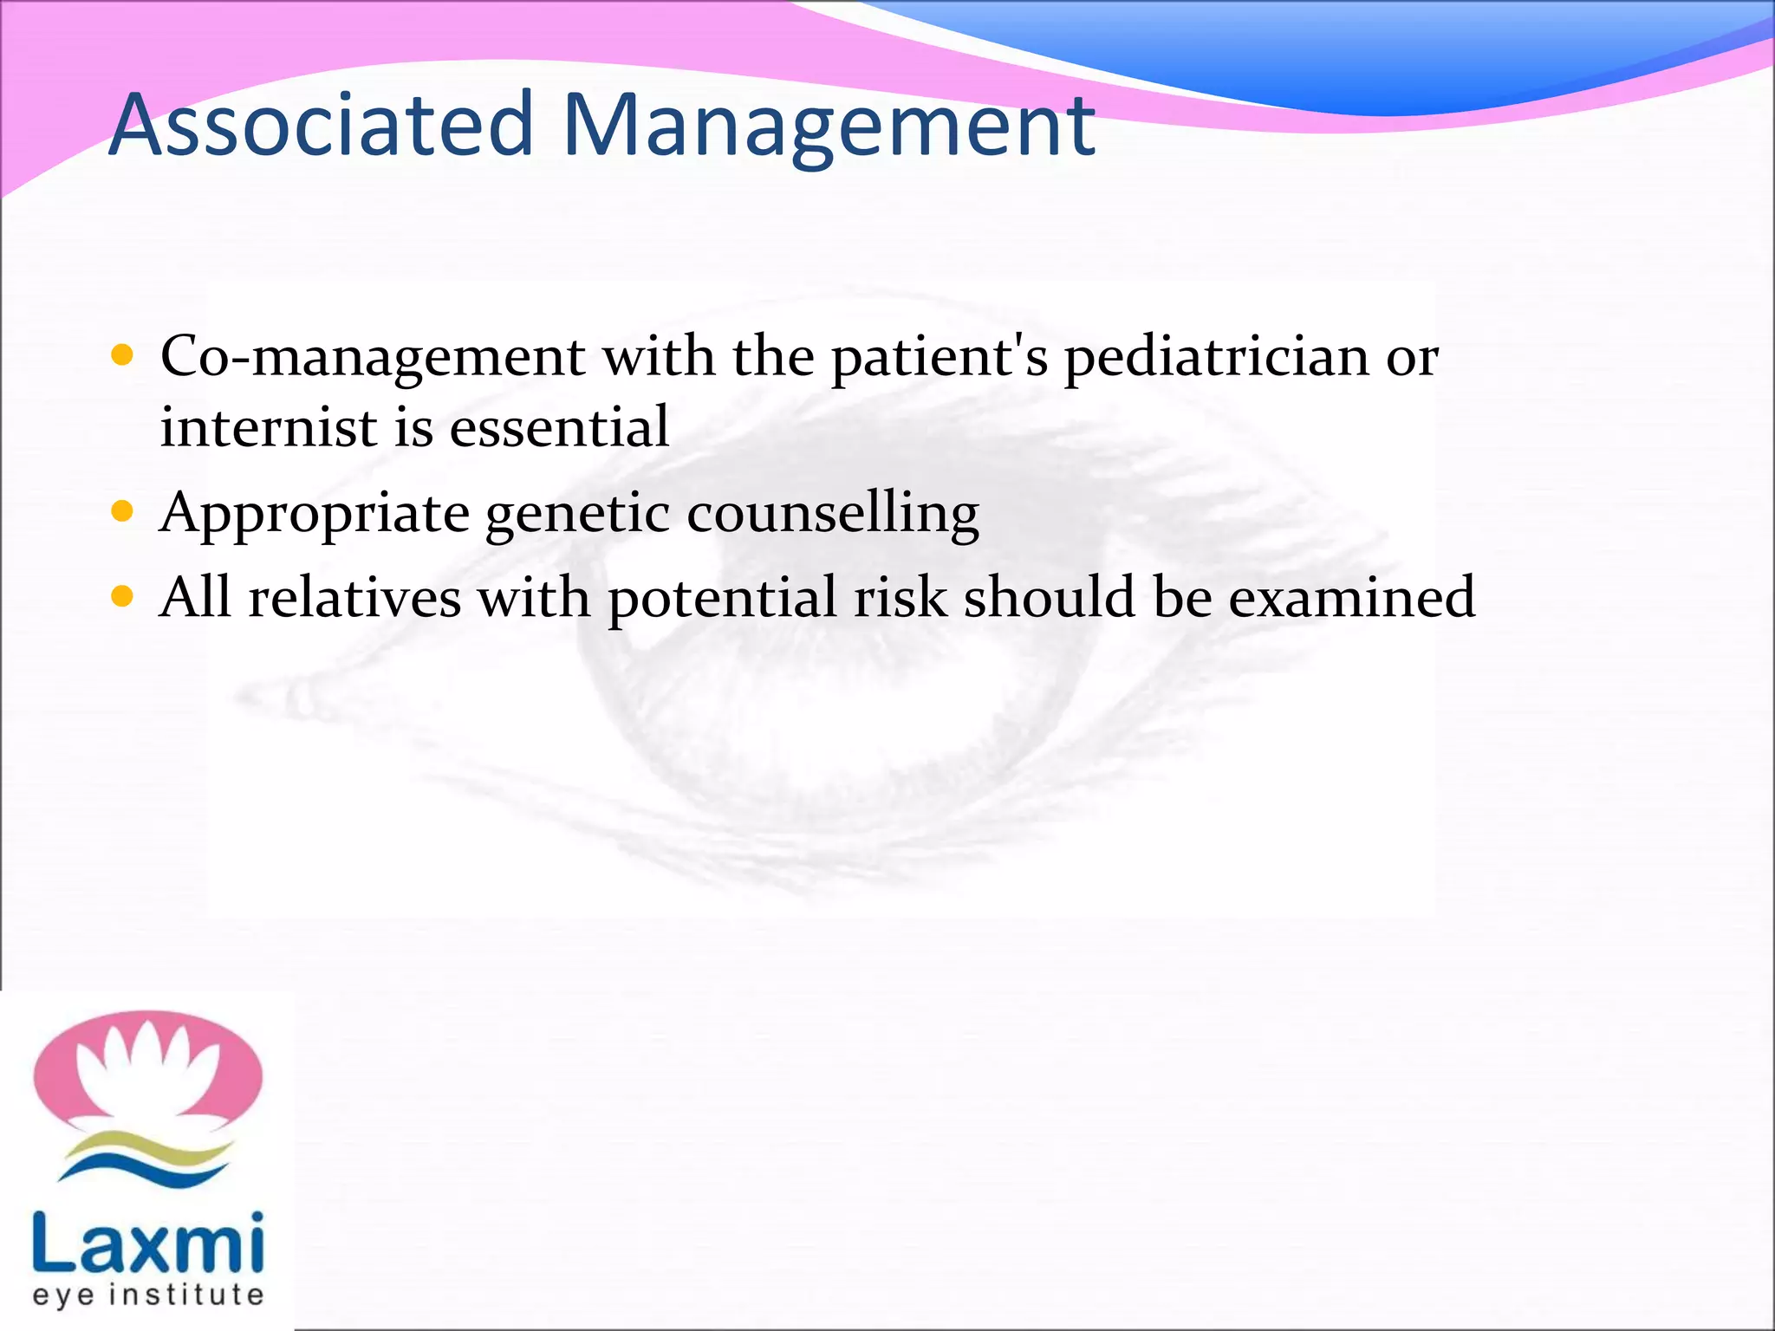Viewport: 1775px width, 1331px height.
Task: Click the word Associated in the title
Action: click(321, 126)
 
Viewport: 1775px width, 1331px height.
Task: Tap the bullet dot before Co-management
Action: click(122, 355)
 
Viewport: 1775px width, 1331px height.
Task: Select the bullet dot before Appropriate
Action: click(122, 512)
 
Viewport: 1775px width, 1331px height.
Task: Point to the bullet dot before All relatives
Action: click(122, 596)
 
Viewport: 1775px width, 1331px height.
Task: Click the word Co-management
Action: click(373, 357)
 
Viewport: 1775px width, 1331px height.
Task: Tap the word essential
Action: click(559, 428)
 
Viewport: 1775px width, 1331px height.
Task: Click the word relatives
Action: click(354, 598)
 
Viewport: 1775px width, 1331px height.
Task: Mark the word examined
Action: click(1351, 598)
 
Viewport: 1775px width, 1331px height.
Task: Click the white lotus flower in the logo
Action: click(147, 1075)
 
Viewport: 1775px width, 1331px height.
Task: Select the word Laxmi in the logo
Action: click(147, 1244)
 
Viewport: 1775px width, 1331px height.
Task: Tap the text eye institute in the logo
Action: click(147, 1295)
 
